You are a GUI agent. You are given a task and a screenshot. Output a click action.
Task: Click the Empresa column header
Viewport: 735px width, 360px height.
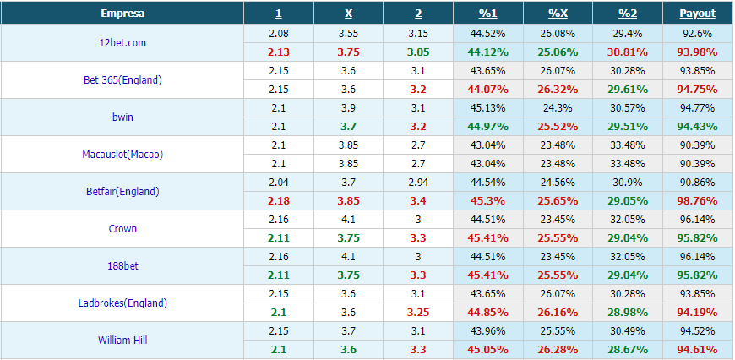(x=122, y=14)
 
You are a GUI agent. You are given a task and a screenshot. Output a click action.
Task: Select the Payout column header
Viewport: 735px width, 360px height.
(x=698, y=14)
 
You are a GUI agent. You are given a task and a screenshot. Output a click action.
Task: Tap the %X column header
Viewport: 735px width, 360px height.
(x=558, y=14)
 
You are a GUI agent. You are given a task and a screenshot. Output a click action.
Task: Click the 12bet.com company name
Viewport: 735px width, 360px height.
(x=122, y=42)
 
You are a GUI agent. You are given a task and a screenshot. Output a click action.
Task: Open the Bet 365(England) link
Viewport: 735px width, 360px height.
(x=122, y=79)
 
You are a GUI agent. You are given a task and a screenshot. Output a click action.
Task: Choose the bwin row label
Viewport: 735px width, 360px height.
(x=122, y=117)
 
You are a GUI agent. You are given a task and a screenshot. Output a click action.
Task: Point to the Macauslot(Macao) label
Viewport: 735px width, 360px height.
(x=122, y=154)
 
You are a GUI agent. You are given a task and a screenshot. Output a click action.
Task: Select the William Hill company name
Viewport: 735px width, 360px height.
(x=122, y=340)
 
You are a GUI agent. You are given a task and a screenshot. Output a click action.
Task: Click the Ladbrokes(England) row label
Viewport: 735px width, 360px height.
(x=122, y=303)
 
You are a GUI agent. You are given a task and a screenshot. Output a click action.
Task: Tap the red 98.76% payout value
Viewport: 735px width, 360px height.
(x=698, y=200)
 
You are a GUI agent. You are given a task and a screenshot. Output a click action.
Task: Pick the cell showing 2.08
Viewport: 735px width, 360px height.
(x=279, y=33)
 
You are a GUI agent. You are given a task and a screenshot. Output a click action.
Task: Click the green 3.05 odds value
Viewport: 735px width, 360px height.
(x=418, y=52)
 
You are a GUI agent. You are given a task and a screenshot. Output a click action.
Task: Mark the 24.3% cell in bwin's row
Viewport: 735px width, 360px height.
(x=558, y=108)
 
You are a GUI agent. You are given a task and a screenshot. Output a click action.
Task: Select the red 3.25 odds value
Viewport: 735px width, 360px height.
(x=418, y=312)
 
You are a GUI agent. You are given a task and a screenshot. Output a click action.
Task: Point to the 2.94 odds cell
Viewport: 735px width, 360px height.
(x=418, y=182)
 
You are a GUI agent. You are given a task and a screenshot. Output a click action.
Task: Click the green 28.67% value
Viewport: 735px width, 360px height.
(x=628, y=349)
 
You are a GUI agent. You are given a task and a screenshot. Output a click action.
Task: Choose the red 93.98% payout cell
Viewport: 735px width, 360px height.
(x=698, y=52)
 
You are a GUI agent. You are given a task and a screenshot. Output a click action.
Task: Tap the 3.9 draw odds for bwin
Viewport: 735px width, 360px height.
(x=348, y=108)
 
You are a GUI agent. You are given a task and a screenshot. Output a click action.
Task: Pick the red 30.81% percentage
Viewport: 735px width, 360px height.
(x=628, y=52)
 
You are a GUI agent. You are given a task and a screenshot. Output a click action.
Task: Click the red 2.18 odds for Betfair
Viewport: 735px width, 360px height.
(x=279, y=200)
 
